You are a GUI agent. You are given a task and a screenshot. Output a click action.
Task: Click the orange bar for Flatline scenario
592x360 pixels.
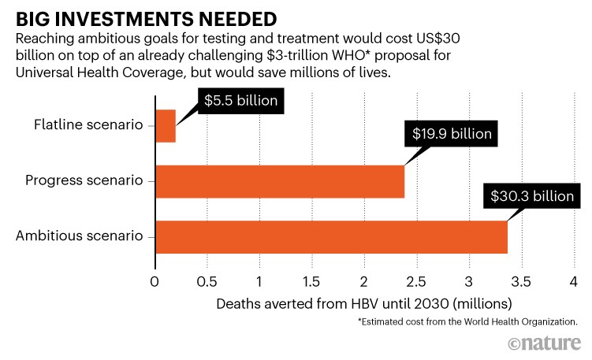(x=165, y=126)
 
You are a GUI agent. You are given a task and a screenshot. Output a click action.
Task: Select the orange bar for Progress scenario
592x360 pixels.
(x=280, y=180)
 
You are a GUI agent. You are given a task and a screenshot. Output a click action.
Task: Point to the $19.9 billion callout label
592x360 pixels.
(x=452, y=133)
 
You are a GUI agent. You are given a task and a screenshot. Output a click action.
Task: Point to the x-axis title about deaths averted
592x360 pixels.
(x=364, y=302)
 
